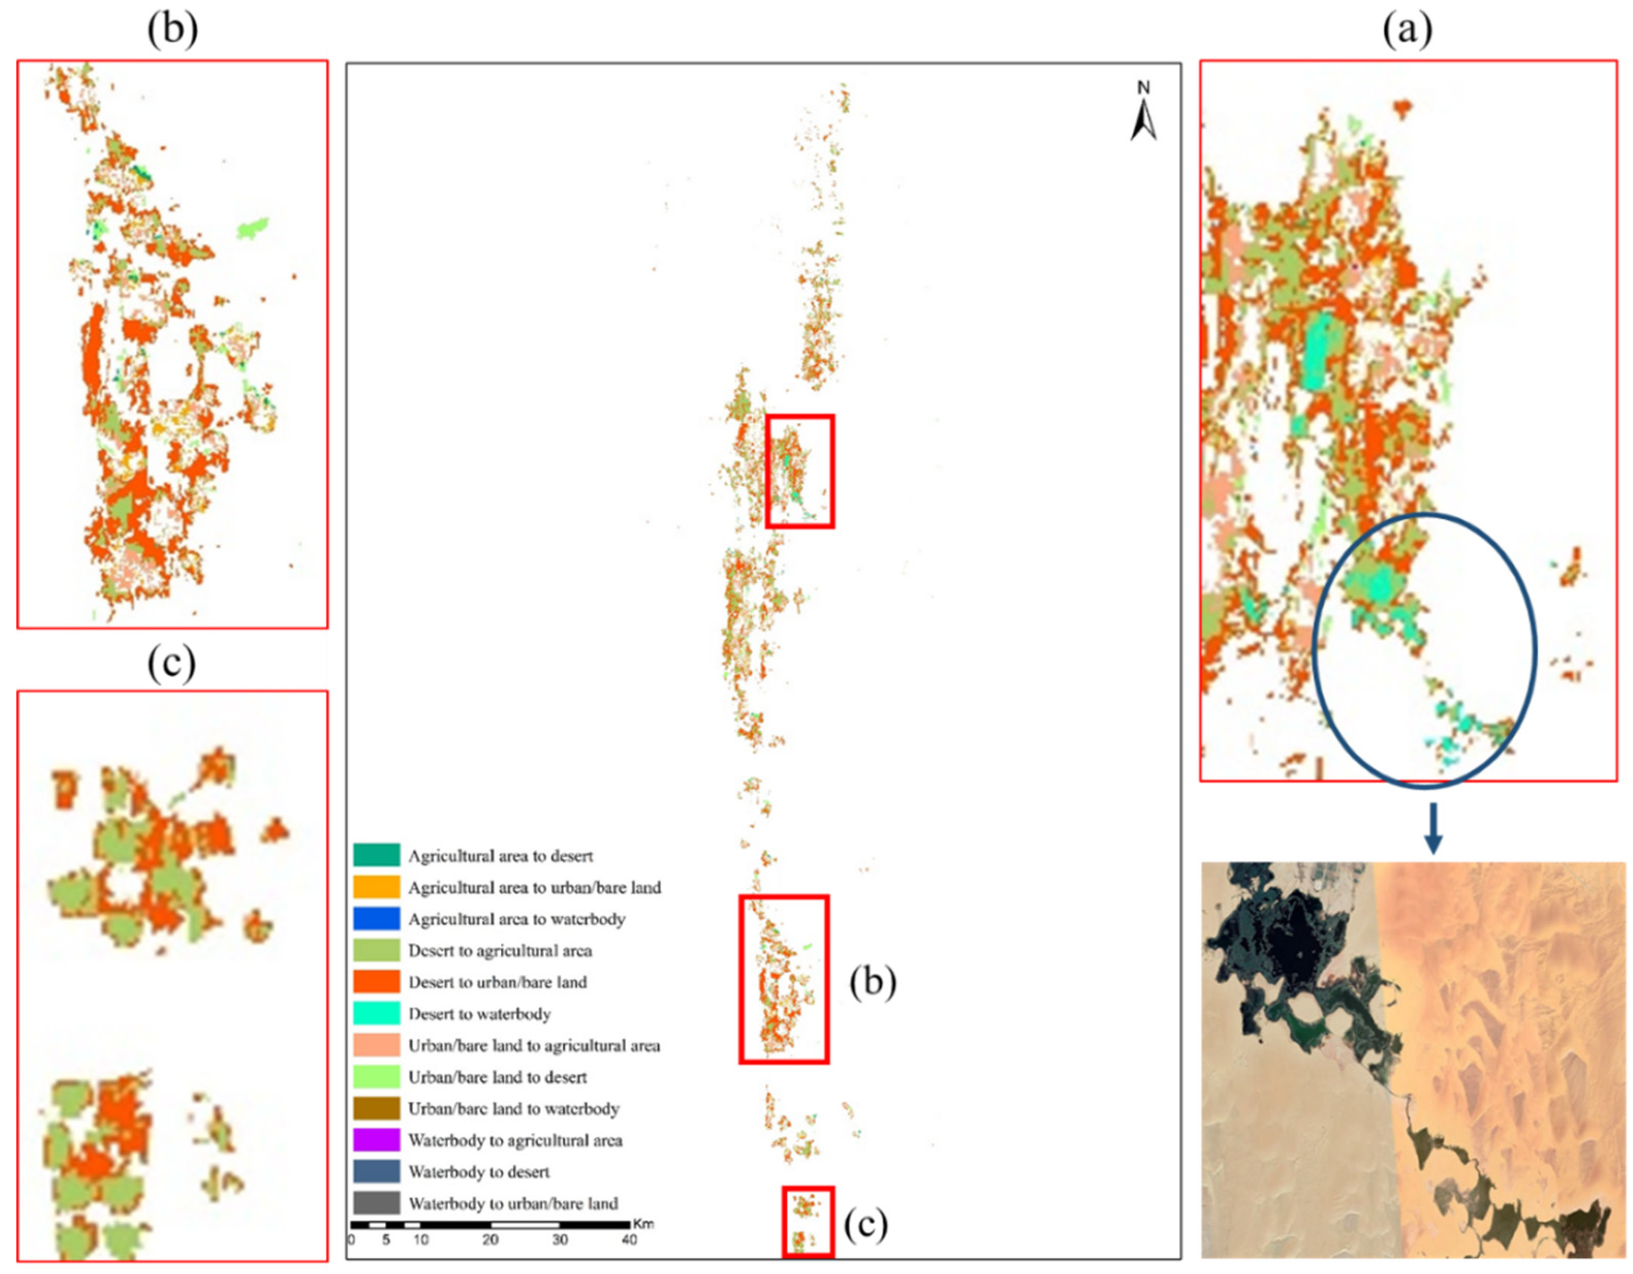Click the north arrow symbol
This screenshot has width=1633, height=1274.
1143,112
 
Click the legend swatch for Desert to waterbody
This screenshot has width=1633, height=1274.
376,1014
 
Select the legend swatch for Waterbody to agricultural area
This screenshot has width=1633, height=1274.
376,1140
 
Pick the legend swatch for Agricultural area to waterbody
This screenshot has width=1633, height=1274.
376,919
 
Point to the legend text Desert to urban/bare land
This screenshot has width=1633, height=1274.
497,982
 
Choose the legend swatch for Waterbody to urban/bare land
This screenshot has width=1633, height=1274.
376,1203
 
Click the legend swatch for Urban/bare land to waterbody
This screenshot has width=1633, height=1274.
376,1108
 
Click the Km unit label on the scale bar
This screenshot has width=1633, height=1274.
643,1224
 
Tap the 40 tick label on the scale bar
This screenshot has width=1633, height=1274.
629,1239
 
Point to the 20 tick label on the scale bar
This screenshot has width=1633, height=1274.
490,1239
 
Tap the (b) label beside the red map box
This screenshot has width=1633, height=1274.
872,982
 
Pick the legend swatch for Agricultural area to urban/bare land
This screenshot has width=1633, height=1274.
376,887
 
